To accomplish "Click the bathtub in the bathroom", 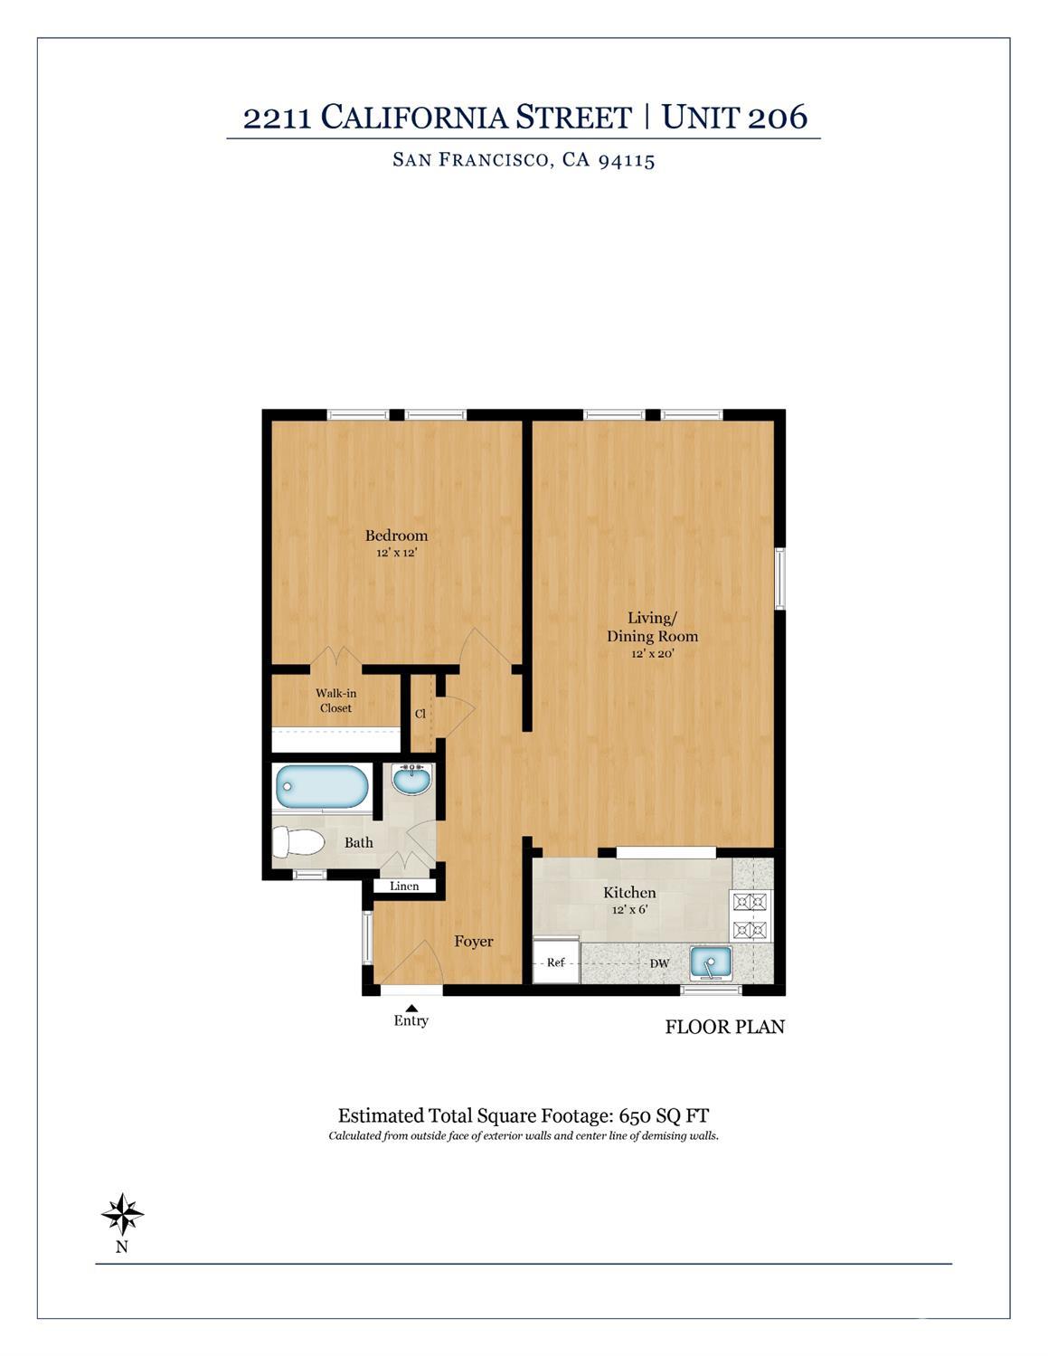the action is tap(322, 786).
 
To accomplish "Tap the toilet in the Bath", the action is tap(298, 842).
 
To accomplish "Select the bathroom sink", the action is tap(411, 780).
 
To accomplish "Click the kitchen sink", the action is tap(711, 962).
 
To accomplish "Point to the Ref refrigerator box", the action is tap(556, 962).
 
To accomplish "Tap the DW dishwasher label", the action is tap(659, 963).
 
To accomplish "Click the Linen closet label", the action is tap(404, 887).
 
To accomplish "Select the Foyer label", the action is tap(474, 941).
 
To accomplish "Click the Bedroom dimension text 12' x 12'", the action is tap(396, 552).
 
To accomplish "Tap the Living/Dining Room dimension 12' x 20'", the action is tap(653, 653).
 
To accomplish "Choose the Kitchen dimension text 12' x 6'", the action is tap(630, 909).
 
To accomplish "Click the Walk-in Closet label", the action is tap(335, 700).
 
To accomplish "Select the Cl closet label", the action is tap(420, 713).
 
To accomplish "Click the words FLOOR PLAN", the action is tap(725, 1027).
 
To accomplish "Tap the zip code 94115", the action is tap(627, 160).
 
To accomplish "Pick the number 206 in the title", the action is tap(778, 117).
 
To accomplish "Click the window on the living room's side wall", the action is tap(779, 578).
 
